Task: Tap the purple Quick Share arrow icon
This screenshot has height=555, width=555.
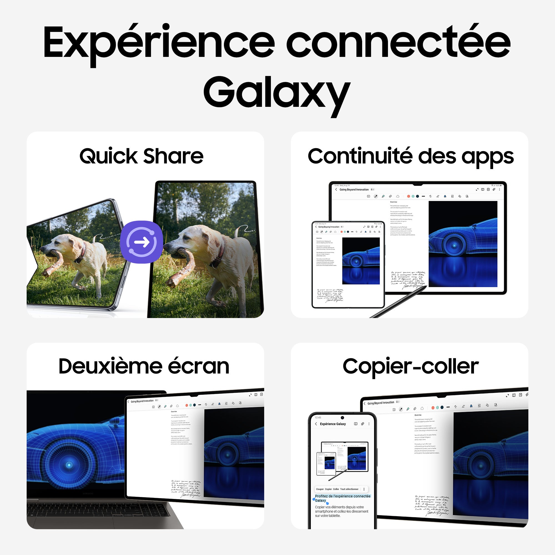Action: pos(142,242)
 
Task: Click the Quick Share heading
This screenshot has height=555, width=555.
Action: pos(141,156)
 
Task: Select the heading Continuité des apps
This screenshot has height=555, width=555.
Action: pos(410,156)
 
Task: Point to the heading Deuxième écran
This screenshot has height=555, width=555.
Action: pos(144,367)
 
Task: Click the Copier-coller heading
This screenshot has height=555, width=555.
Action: pos(410,367)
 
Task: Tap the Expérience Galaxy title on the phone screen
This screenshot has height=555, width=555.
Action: pos(333,424)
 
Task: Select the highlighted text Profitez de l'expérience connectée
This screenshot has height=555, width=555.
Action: pos(342,496)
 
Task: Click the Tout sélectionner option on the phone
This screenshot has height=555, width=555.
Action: pos(349,489)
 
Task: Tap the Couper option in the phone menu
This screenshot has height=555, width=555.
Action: pos(320,489)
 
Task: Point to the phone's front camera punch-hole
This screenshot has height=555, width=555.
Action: pos(342,418)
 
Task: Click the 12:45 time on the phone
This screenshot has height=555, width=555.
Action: pos(318,418)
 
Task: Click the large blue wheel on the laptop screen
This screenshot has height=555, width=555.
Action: pos(69,465)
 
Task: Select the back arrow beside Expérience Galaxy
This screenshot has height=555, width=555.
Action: pos(316,424)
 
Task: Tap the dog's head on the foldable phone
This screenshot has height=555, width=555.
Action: pos(59,243)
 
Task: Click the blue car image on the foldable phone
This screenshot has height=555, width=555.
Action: pos(361,261)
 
